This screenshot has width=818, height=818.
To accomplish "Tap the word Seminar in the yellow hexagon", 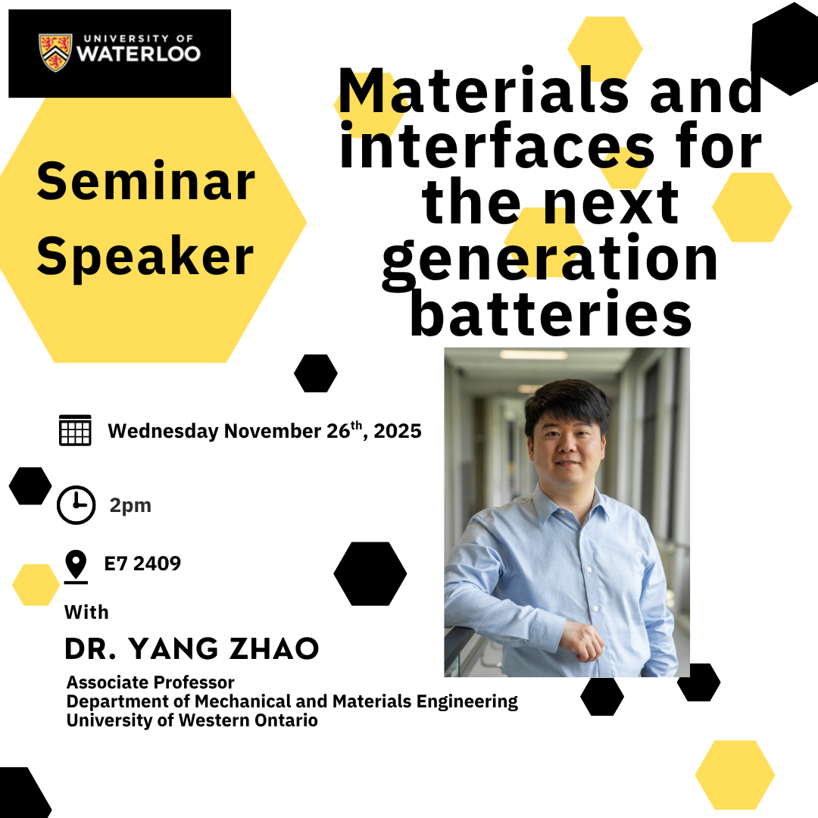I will [145, 182].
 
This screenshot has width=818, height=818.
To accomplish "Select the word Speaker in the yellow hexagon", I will [145, 256].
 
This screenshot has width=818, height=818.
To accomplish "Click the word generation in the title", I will [551, 260].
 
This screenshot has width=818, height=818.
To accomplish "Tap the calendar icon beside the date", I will [75, 430].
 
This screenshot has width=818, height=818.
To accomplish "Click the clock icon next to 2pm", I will [76, 505].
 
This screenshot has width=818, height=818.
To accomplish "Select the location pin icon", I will [76, 566].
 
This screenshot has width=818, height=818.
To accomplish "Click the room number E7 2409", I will [142, 564].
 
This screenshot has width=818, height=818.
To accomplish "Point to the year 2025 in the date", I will [398, 431].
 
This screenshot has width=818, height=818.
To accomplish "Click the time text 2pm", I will [130, 506].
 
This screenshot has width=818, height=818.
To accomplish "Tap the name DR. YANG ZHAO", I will [192, 648].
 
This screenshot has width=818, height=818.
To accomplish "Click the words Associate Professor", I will [151, 682].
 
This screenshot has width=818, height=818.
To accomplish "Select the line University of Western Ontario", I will [192, 720].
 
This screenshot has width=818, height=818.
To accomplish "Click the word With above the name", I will [86, 612].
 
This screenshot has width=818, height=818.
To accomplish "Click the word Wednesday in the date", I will [163, 431].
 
